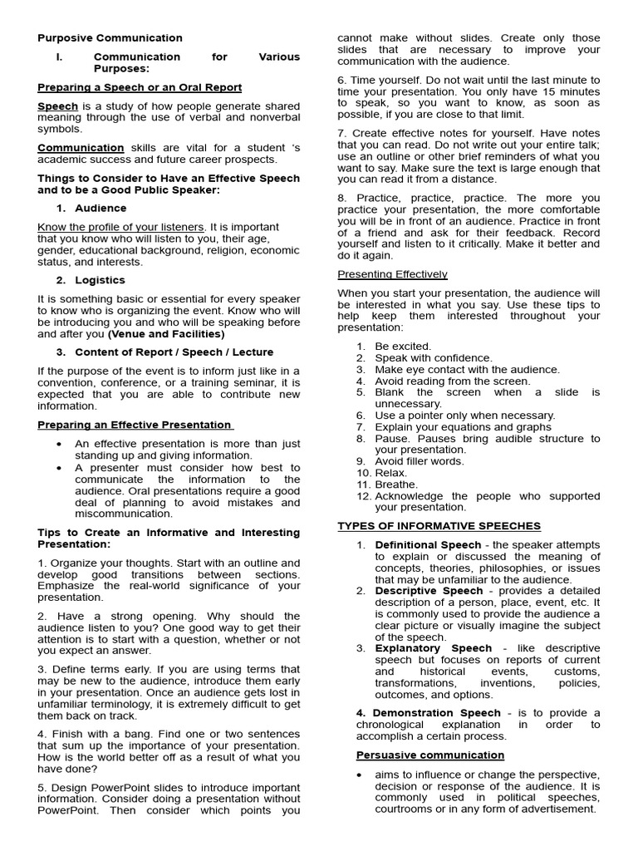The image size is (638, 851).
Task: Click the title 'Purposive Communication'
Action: click(110, 38)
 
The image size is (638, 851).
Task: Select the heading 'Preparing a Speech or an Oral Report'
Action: click(140, 87)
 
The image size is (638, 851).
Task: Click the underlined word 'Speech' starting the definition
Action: click(58, 106)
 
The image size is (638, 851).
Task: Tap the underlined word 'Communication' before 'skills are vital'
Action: click(81, 148)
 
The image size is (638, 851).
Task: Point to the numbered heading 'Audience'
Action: click(101, 209)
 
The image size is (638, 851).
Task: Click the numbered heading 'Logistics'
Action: click(100, 280)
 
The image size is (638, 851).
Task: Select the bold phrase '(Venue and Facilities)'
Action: click(166, 334)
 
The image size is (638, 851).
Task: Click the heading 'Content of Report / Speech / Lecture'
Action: click(174, 352)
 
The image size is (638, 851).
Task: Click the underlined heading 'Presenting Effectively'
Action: click(392, 274)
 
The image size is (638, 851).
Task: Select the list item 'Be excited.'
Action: click(403, 347)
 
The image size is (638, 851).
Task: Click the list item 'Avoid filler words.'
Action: click(420, 461)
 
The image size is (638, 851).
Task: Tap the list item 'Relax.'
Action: click(392, 473)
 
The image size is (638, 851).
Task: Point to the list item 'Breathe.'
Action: click(396, 485)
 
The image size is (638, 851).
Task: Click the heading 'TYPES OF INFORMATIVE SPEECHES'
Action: click(439, 526)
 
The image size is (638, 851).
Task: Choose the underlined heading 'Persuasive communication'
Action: click(430, 755)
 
